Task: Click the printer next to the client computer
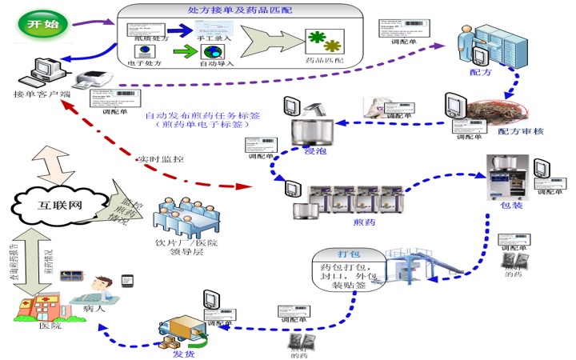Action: (92, 78)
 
